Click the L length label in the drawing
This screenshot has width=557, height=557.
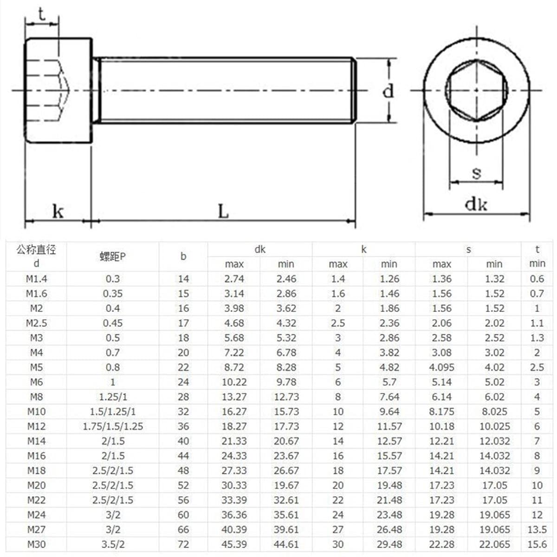click(x=223, y=211)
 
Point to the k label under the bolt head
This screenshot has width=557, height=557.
click(x=58, y=211)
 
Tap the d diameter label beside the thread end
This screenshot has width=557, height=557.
click(x=388, y=91)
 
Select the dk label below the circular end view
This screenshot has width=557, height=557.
click(x=476, y=204)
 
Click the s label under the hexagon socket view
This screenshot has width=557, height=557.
click(x=476, y=173)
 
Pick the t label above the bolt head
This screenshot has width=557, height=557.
click(x=42, y=15)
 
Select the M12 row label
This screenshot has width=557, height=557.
click(x=36, y=426)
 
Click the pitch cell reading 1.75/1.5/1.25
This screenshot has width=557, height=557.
click(x=113, y=426)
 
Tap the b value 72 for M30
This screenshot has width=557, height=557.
click(x=183, y=544)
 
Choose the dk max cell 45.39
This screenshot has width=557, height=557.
click(x=234, y=544)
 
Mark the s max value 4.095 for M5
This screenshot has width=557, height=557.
click(x=441, y=367)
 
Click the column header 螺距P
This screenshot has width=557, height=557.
click(x=113, y=256)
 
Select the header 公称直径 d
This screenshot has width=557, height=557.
click(x=36, y=256)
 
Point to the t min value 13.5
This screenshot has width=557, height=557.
click(x=537, y=529)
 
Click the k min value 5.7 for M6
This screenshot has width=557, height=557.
click(x=389, y=382)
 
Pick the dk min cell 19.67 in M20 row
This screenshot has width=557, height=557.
click(x=286, y=485)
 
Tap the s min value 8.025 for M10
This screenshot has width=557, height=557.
click(x=494, y=411)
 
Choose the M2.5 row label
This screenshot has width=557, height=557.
click(x=36, y=323)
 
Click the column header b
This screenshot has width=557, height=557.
click(x=183, y=256)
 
